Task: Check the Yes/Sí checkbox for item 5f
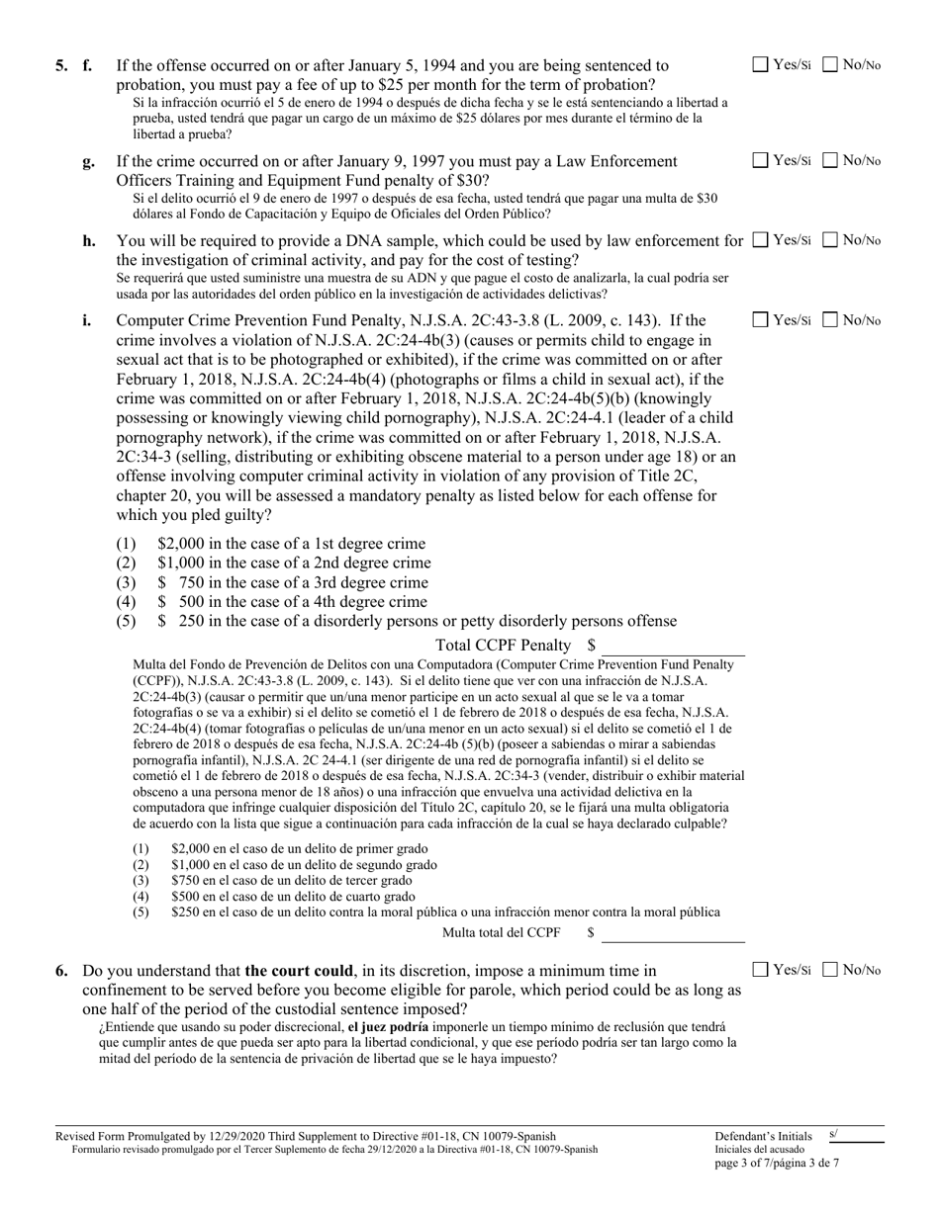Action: click(760, 65)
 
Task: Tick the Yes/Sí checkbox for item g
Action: click(760, 160)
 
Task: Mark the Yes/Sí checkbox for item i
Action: click(760, 320)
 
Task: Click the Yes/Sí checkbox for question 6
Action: click(760, 970)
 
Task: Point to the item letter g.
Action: click(88, 161)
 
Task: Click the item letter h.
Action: click(88, 241)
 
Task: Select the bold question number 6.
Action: click(62, 971)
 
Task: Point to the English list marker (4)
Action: click(126, 602)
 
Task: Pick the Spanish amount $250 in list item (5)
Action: click(184, 912)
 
